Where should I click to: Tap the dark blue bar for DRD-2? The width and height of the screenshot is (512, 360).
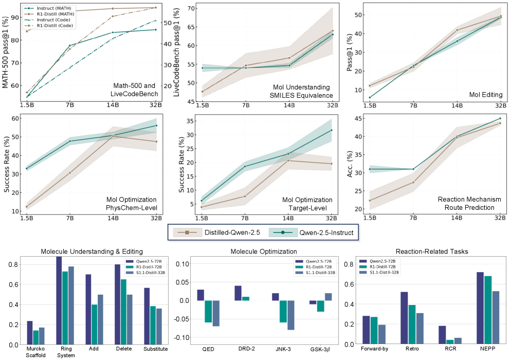point(238,293)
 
